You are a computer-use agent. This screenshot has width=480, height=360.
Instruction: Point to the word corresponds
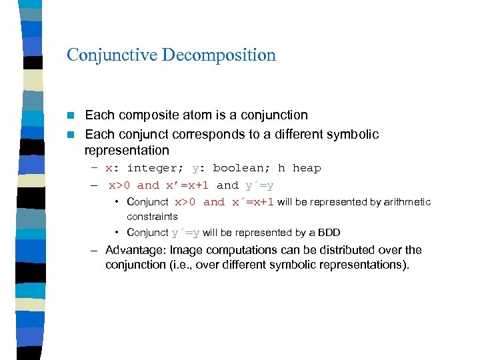(215, 134)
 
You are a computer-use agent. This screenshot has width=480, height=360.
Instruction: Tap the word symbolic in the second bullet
(355, 134)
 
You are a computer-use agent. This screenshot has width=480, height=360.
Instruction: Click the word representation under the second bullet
(127, 150)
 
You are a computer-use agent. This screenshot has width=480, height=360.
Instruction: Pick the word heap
(307, 168)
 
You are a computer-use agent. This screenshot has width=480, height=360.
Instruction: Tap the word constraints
(152, 216)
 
